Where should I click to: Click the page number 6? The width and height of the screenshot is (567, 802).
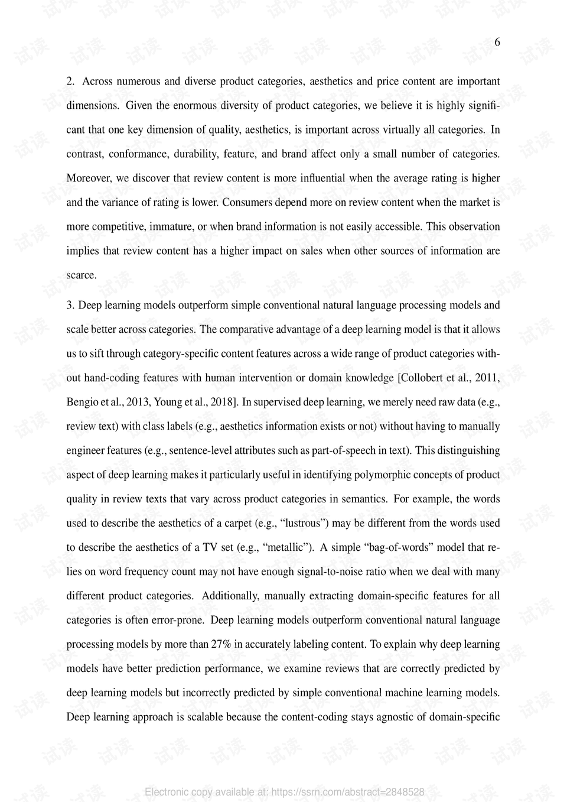497,42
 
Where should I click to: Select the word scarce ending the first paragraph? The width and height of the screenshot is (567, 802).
80,275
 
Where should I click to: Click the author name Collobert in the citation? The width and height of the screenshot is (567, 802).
424,378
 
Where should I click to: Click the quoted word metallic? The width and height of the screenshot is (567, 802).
288,547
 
